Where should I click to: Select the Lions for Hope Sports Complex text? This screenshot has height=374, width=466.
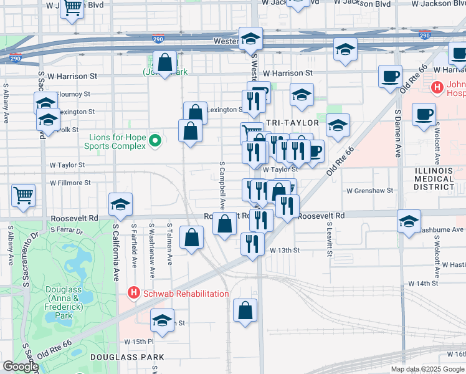(116, 141)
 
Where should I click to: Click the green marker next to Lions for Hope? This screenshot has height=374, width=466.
(155, 141)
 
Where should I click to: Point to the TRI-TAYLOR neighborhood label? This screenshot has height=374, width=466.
(292, 123)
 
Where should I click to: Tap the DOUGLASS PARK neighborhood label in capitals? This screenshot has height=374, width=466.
(127, 357)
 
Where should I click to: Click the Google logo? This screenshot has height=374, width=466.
(21, 367)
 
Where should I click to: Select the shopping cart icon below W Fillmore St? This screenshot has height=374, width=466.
(24, 195)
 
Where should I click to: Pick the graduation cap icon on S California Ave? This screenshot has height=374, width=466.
(120, 203)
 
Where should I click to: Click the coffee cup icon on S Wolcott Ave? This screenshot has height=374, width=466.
(424, 115)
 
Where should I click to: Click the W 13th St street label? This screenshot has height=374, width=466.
(285, 250)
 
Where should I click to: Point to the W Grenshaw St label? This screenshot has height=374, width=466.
(370, 190)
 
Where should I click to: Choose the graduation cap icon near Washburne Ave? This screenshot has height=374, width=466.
(409, 221)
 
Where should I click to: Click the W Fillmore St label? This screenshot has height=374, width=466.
(70, 183)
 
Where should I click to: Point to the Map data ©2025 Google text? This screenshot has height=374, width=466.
(427, 369)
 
